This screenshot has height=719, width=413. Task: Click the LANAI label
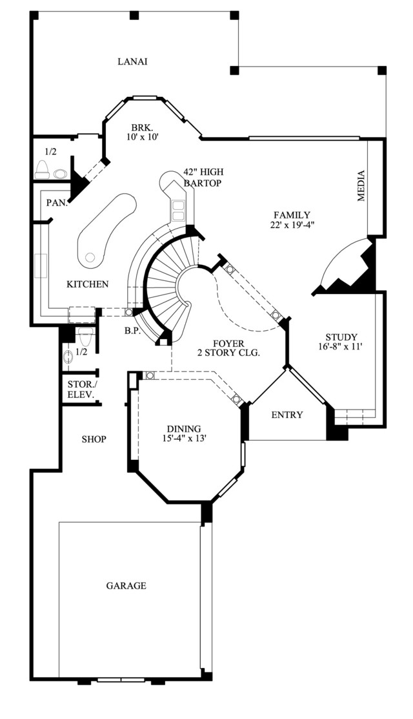click(x=132, y=61)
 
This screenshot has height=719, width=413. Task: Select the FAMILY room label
click(x=292, y=214)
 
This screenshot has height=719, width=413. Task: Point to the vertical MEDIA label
click(x=362, y=185)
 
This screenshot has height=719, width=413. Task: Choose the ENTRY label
click(x=287, y=415)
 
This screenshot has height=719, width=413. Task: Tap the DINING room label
click(x=184, y=429)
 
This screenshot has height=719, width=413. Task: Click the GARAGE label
click(x=126, y=585)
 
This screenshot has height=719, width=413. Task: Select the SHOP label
click(x=94, y=439)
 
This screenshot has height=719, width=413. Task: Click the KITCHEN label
click(x=88, y=284)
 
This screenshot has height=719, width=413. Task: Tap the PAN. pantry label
click(x=57, y=202)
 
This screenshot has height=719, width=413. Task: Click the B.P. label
click(x=132, y=330)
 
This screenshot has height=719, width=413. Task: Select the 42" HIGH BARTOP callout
click(x=203, y=178)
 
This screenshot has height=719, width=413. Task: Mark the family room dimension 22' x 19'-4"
click(x=292, y=225)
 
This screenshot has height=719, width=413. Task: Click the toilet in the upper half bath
click(x=43, y=170)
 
